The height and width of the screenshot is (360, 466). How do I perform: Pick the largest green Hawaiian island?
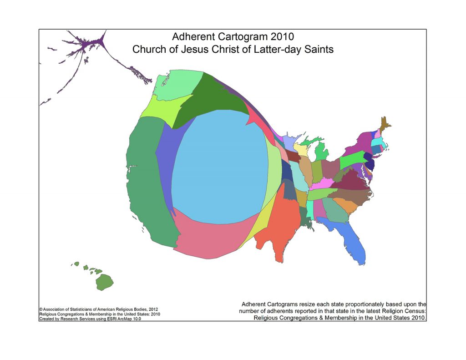click(104, 282)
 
